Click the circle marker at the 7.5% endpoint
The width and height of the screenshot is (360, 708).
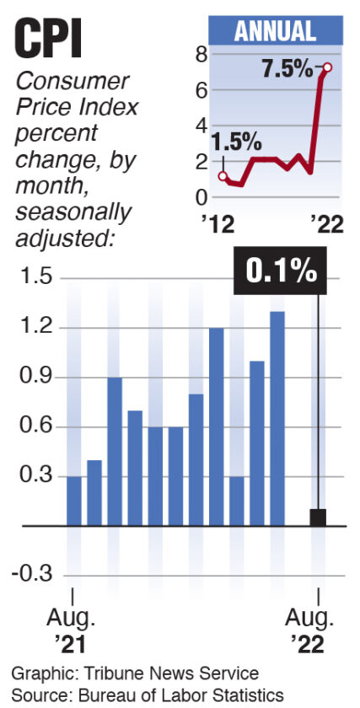click(x=326, y=67)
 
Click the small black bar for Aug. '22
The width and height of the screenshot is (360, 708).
click(x=318, y=517)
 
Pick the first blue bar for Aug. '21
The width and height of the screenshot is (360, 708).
click(x=74, y=501)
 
